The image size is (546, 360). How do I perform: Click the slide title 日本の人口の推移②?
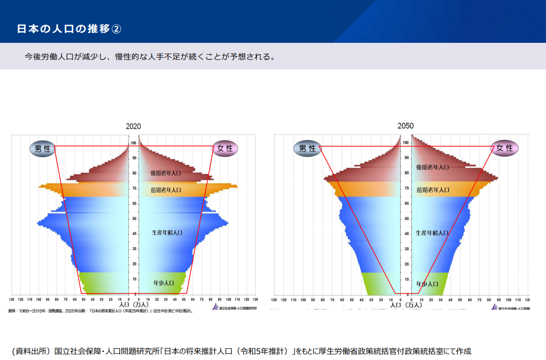click(69, 29)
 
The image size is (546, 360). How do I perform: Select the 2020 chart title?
click(133, 127)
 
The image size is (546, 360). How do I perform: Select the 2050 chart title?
click(406, 126)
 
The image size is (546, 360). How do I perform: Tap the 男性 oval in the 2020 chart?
click(43, 149)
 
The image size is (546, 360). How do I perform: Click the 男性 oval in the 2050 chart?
click(307, 148)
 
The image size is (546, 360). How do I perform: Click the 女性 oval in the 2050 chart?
click(504, 148)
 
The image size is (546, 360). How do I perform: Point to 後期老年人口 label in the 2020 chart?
click(166, 173)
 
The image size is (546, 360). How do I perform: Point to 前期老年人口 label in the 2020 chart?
click(166, 190)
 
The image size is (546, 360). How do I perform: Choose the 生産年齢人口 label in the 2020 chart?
click(167, 232)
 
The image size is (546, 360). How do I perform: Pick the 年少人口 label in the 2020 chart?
click(164, 283)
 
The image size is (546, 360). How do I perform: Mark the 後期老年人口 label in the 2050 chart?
click(432, 167)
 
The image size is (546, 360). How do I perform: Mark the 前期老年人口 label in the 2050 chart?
click(433, 190)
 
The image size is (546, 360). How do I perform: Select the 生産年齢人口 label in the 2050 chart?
click(432, 232)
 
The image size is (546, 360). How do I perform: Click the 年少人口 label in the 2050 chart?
click(427, 284)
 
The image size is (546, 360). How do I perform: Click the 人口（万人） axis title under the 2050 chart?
click(406, 305)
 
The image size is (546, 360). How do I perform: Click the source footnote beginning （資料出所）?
click(241, 351)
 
